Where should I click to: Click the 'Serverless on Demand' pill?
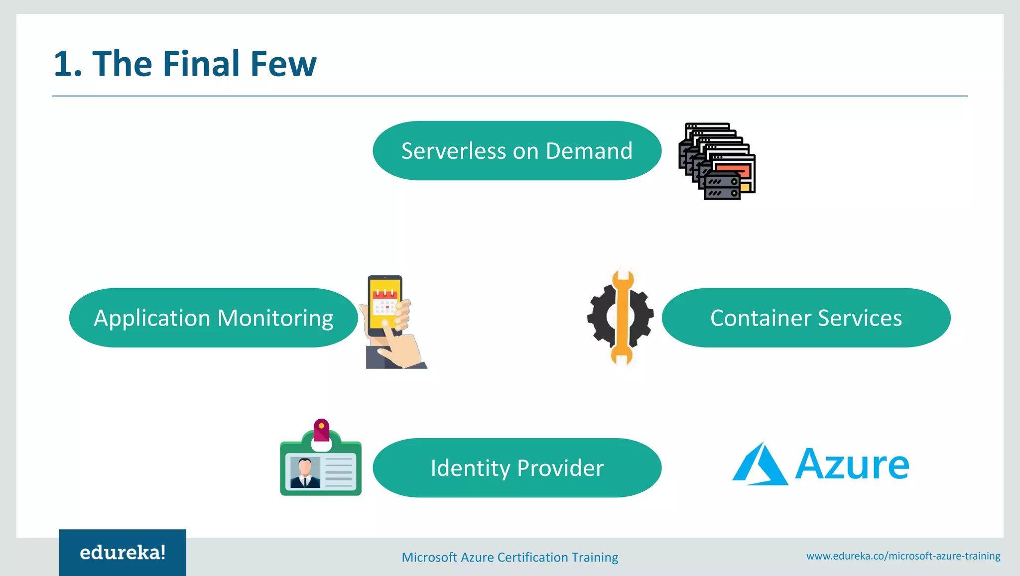pos(516,151)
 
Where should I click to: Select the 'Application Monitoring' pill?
pos(213,318)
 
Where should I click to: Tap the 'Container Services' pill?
pos(805,318)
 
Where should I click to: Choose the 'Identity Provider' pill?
pos(516,468)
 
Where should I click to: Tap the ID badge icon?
pos(321,465)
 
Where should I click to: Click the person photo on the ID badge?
pos(305,472)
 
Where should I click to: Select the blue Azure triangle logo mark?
pos(760,465)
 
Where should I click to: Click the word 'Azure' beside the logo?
pos(852,465)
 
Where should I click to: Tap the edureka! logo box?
pos(123,553)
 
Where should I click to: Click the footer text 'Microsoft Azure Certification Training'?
pos(510,557)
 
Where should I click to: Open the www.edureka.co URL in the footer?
pos(903,556)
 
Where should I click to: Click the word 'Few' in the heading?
pos(283,64)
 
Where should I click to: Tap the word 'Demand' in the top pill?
pos(589,151)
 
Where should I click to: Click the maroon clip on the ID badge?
pos(321,430)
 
